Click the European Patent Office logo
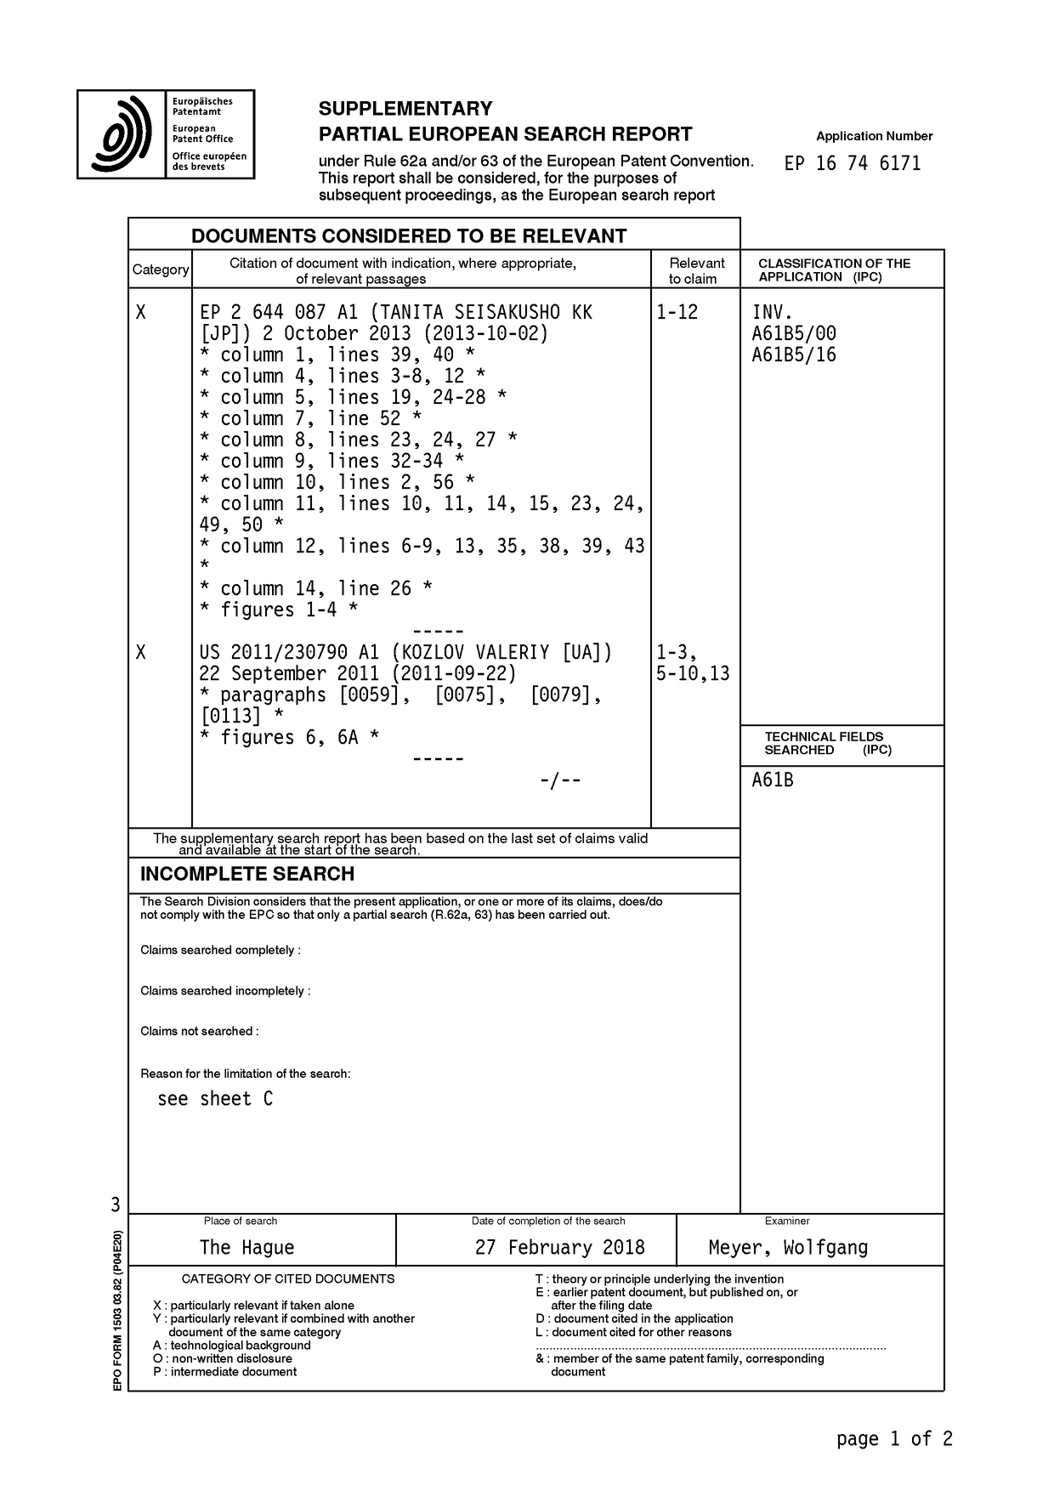pos(166,134)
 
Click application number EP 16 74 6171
pos(853,163)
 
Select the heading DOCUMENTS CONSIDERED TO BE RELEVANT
pos(409,236)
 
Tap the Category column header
pos(160,269)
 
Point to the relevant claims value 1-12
pos(677,312)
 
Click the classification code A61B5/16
pos(793,354)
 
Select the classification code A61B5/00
pos(793,333)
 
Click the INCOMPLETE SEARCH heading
pos(246,874)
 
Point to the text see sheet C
pos(215,1098)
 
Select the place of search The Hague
pos(246,1247)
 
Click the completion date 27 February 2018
pos(559,1247)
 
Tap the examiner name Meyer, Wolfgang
pos(788,1247)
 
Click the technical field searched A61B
pos(772,780)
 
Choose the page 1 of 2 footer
pos(894,1438)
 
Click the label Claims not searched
pos(199,1031)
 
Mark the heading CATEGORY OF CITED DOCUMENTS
pos(288,1278)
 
